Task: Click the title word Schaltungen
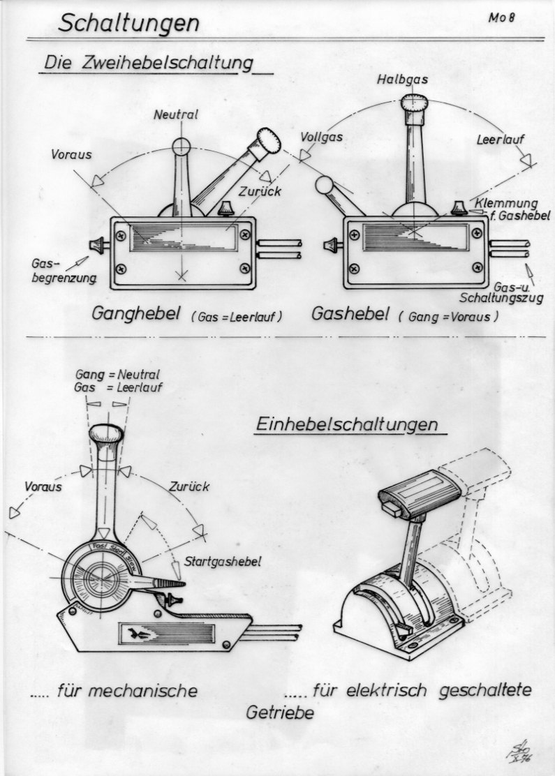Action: [x=128, y=23]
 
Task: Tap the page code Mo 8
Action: [x=501, y=18]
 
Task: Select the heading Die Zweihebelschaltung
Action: [x=147, y=63]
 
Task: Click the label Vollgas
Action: [x=322, y=137]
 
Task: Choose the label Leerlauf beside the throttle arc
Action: [x=500, y=139]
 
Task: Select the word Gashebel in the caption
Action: [x=350, y=314]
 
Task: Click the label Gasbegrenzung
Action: [x=62, y=273]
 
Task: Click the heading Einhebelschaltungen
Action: [x=347, y=424]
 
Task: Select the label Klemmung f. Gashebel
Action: [x=512, y=209]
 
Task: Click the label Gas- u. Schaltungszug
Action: [x=517, y=292]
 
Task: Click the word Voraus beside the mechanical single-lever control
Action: [x=41, y=486]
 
